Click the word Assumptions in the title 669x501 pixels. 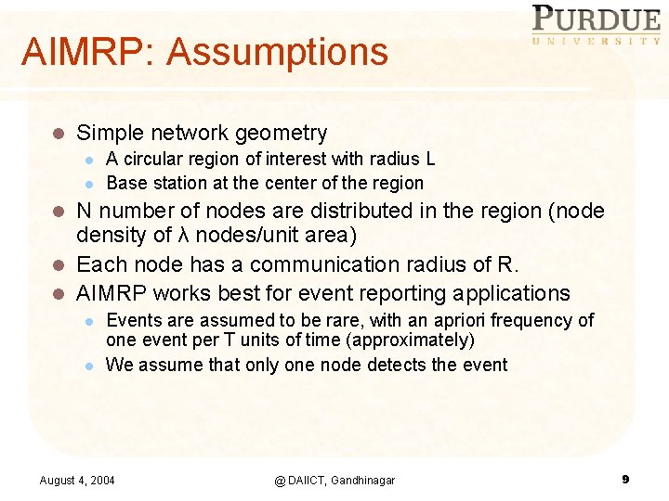[277, 52]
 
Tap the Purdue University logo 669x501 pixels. [595, 25]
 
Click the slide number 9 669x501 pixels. [625, 479]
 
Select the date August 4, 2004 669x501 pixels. [77, 480]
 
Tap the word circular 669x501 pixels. [153, 160]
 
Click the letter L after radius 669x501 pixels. [429, 160]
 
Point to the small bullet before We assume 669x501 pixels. [88, 366]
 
